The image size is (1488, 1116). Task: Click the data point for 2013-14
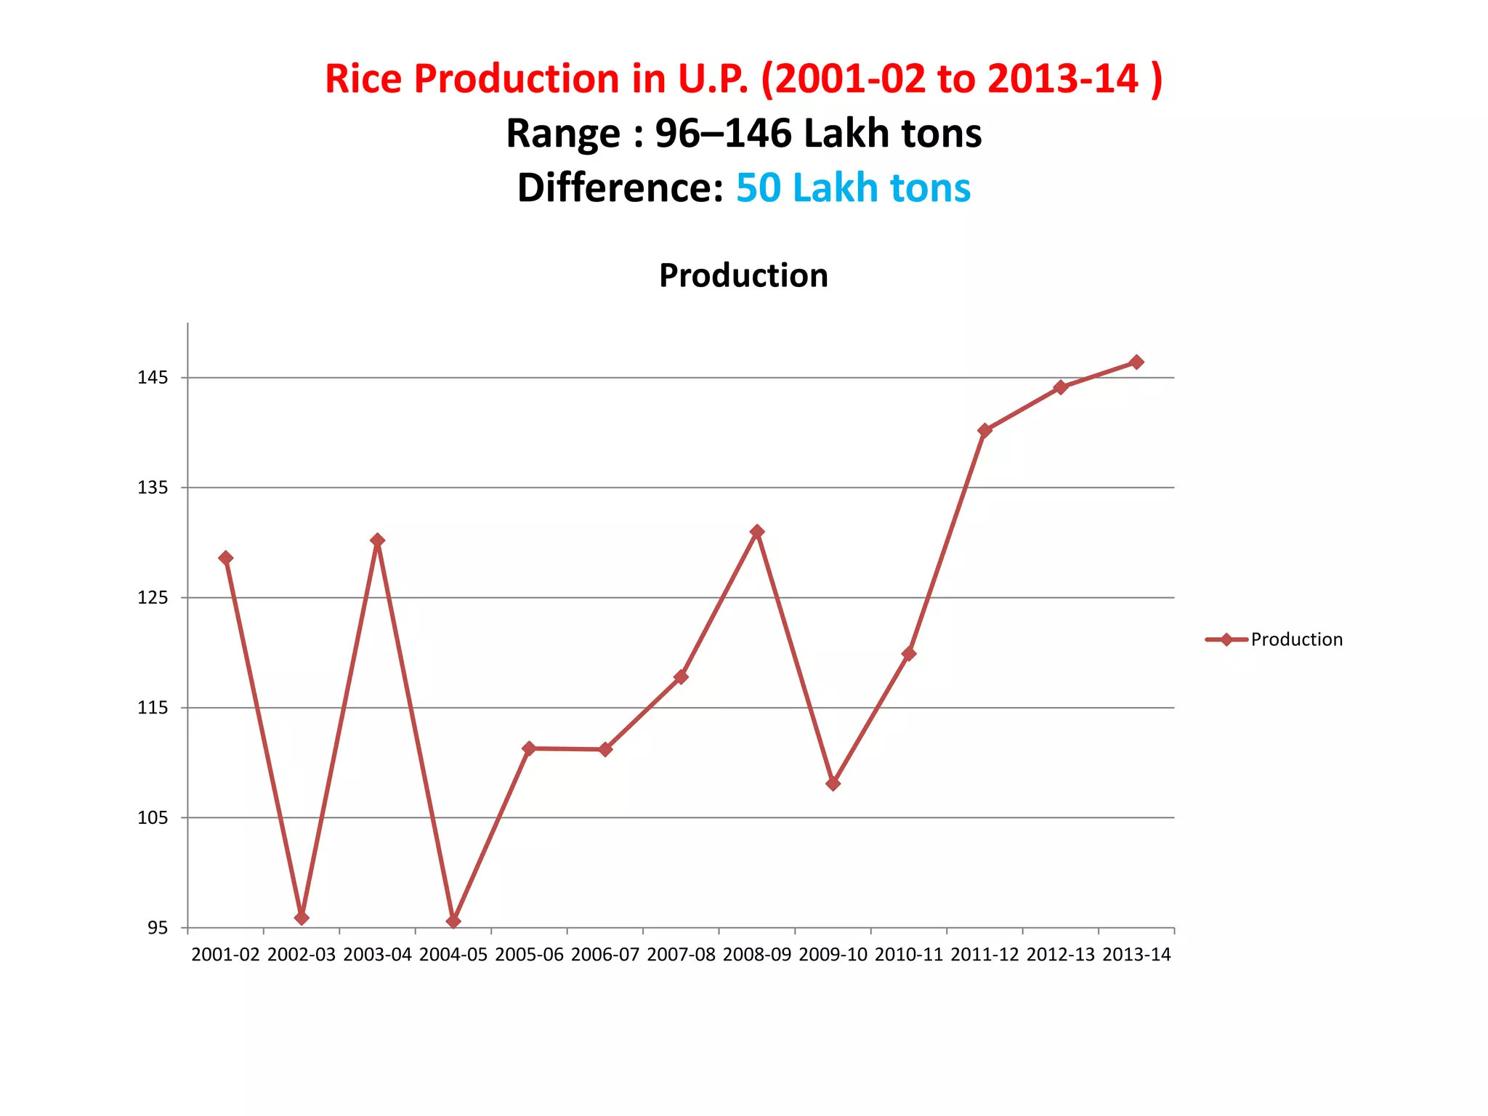tap(1136, 362)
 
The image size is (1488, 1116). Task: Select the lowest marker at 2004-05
tap(453, 921)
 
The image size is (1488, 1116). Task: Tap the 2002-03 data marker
tap(302, 918)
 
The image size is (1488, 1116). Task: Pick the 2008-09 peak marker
tap(757, 532)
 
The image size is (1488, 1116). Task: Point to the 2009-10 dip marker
tap(833, 783)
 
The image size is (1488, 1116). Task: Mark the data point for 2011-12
tap(984, 430)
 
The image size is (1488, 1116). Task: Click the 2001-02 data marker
tap(226, 558)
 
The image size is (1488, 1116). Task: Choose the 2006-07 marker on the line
tap(605, 749)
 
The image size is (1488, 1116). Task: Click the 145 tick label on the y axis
tap(153, 378)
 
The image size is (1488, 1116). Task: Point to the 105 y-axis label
tap(153, 818)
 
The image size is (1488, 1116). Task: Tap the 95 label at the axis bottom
tap(158, 929)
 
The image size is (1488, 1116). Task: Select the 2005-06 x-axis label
tap(529, 955)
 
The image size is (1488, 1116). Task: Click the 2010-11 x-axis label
tap(909, 955)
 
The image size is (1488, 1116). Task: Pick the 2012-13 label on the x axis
tap(1061, 955)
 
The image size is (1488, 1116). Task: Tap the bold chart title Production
tap(743, 275)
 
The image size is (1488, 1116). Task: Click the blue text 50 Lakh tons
tap(853, 187)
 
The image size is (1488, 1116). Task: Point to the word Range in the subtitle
tap(563, 134)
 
